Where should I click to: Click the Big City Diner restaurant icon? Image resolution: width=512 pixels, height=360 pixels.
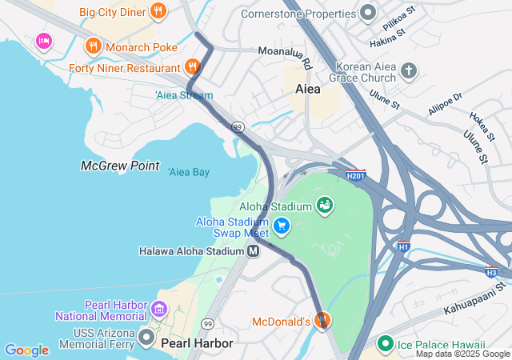pyautogui.click(x=158, y=11)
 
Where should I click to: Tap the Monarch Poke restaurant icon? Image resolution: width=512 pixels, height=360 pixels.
pyautogui.click(x=94, y=46)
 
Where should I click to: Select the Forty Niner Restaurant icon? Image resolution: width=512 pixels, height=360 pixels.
pyautogui.click(x=191, y=66)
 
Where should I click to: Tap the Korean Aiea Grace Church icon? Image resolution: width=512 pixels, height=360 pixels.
pyautogui.click(x=408, y=70)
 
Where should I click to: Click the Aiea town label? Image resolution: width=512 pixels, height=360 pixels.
pyautogui.click(x=308, y=89)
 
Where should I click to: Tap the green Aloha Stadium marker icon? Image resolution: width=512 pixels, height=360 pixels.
pyautogui.click(x=325, y=206)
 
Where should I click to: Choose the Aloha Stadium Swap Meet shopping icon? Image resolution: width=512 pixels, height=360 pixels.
pyautogui.click(x=281, y=226)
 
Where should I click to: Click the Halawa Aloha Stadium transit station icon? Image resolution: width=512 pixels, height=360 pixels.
pyautogui.click(x=254, y=251)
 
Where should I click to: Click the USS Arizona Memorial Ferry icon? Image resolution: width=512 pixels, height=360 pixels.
pyautogui.click(x=146, y=335)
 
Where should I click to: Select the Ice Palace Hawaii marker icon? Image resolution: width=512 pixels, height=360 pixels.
pyautogui.click(x=385, y=344)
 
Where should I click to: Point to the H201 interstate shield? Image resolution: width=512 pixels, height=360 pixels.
pyautogui.click(x=356, y=174)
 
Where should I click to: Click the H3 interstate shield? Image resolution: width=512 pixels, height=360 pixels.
pyautogui.click(x=490, y=272)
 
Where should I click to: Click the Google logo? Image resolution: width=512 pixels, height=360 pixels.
pyautogui.click(x=26, y=350)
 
